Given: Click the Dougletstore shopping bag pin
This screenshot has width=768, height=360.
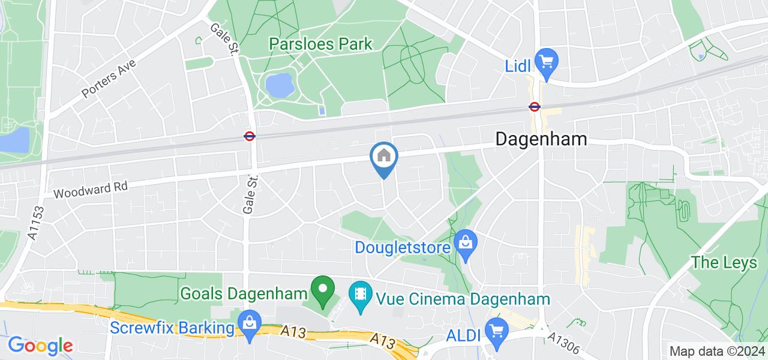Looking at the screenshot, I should pos(464,244).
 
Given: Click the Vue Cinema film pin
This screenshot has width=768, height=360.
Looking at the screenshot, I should pos(360,295).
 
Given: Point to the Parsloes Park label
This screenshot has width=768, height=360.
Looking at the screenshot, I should pos(320,44).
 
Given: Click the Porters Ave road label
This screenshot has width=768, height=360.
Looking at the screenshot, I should pos(109,79).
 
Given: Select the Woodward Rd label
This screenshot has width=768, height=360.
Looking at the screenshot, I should pos(91,190).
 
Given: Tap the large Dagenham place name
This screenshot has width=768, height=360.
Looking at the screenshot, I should pos(541,139).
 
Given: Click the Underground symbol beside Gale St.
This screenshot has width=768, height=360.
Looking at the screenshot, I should pos(250,136).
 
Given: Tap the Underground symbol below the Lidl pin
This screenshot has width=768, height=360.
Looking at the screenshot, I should pos(534,107).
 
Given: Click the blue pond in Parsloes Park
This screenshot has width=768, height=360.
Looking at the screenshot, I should pos(278,86).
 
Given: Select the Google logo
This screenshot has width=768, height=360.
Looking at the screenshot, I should pos(40,346).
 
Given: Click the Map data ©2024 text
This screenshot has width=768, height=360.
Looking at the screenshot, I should pos(717,352).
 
